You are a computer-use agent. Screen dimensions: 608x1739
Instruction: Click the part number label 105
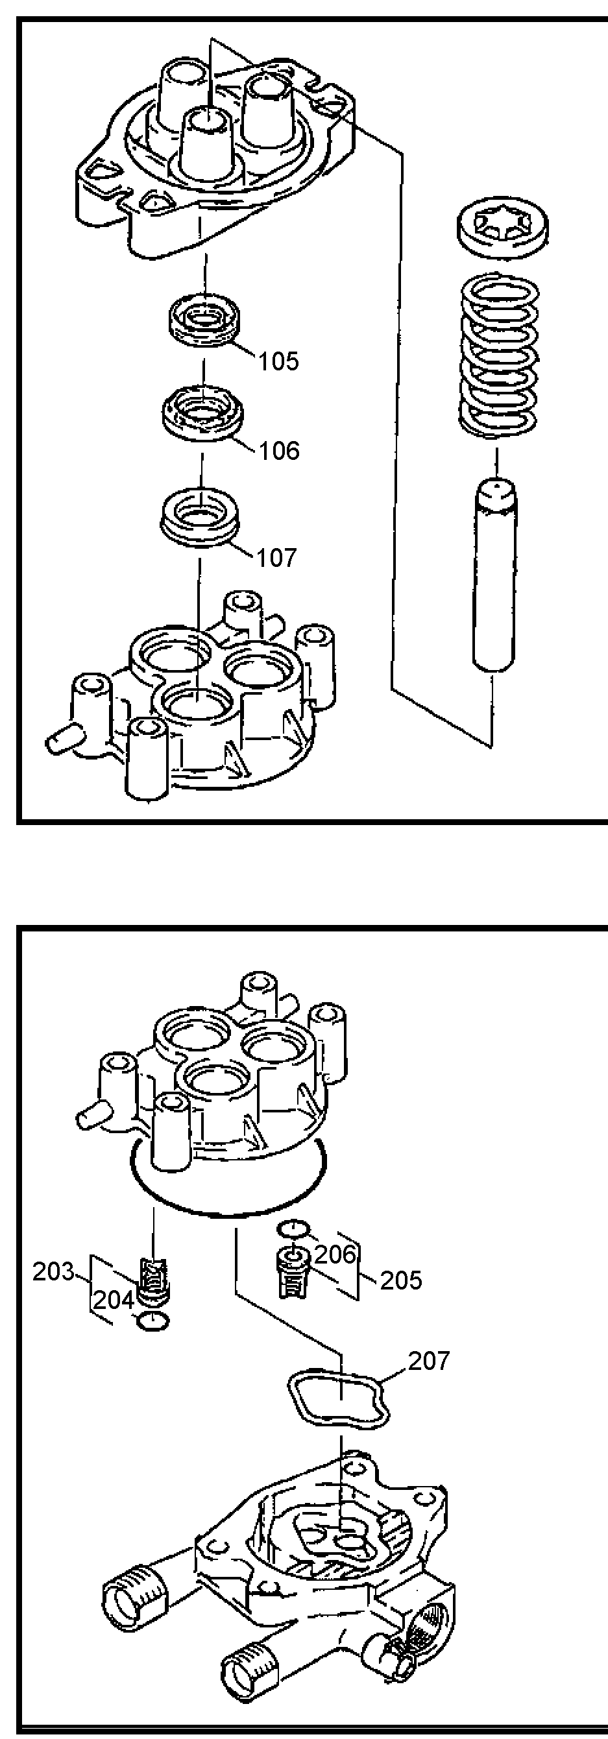[278, 362]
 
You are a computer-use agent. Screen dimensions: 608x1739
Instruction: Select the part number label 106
[279, 450]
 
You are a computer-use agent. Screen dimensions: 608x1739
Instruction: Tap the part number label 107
[276, 558]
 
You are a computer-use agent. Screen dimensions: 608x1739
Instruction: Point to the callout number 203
[53, 1272]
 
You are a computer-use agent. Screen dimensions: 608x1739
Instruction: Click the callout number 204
[114, 1299]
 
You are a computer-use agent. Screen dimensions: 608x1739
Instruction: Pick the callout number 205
[401, 1280]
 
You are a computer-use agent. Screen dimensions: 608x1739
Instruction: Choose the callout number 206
[335, 1254]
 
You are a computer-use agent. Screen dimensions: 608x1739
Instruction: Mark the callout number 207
[429, 1361]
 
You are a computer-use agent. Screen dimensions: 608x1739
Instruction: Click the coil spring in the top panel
[499, 355]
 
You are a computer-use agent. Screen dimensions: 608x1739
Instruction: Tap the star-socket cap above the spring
[502, 232]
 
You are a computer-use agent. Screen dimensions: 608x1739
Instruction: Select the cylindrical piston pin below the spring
[494, 575]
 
